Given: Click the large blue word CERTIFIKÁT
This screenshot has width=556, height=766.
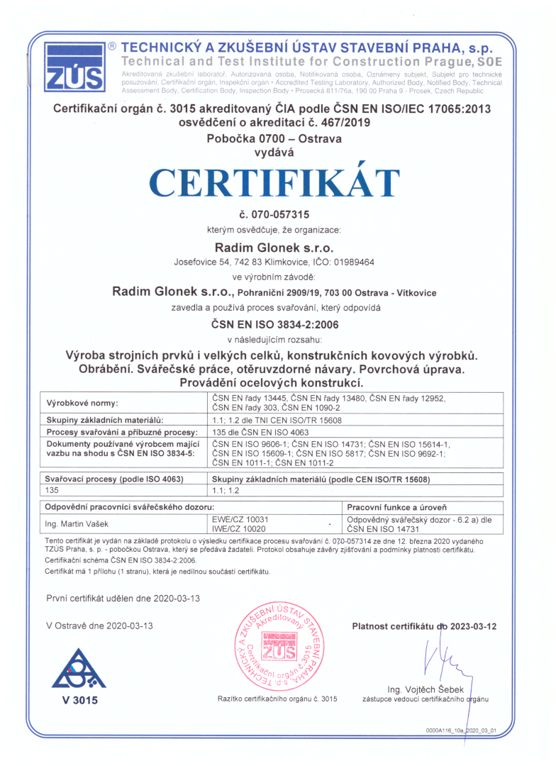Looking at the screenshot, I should (x=277, y=183).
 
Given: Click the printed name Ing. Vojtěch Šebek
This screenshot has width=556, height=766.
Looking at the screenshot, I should (x=426, y=689).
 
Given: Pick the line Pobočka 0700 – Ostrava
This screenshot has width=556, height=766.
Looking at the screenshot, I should (x=274, y=138).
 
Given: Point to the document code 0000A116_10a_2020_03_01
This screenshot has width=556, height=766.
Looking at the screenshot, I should (x=462, y=729).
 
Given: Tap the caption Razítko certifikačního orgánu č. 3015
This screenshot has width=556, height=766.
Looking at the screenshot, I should (x=277, y=699).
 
